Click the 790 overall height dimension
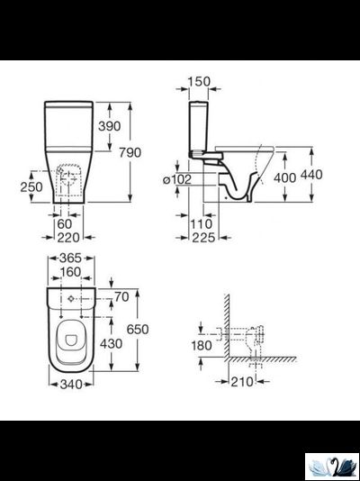tap(130, 152)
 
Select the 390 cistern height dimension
tap(110, 126)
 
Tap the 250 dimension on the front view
tap(31, 186)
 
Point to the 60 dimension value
tap(65, 224)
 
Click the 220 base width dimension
tap(68, 238)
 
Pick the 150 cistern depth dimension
tap(199, 82)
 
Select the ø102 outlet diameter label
tap(177, 179)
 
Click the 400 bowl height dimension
tap(284, 177)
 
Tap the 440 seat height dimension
tap(311, 175)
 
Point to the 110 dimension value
tap(202, 224)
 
